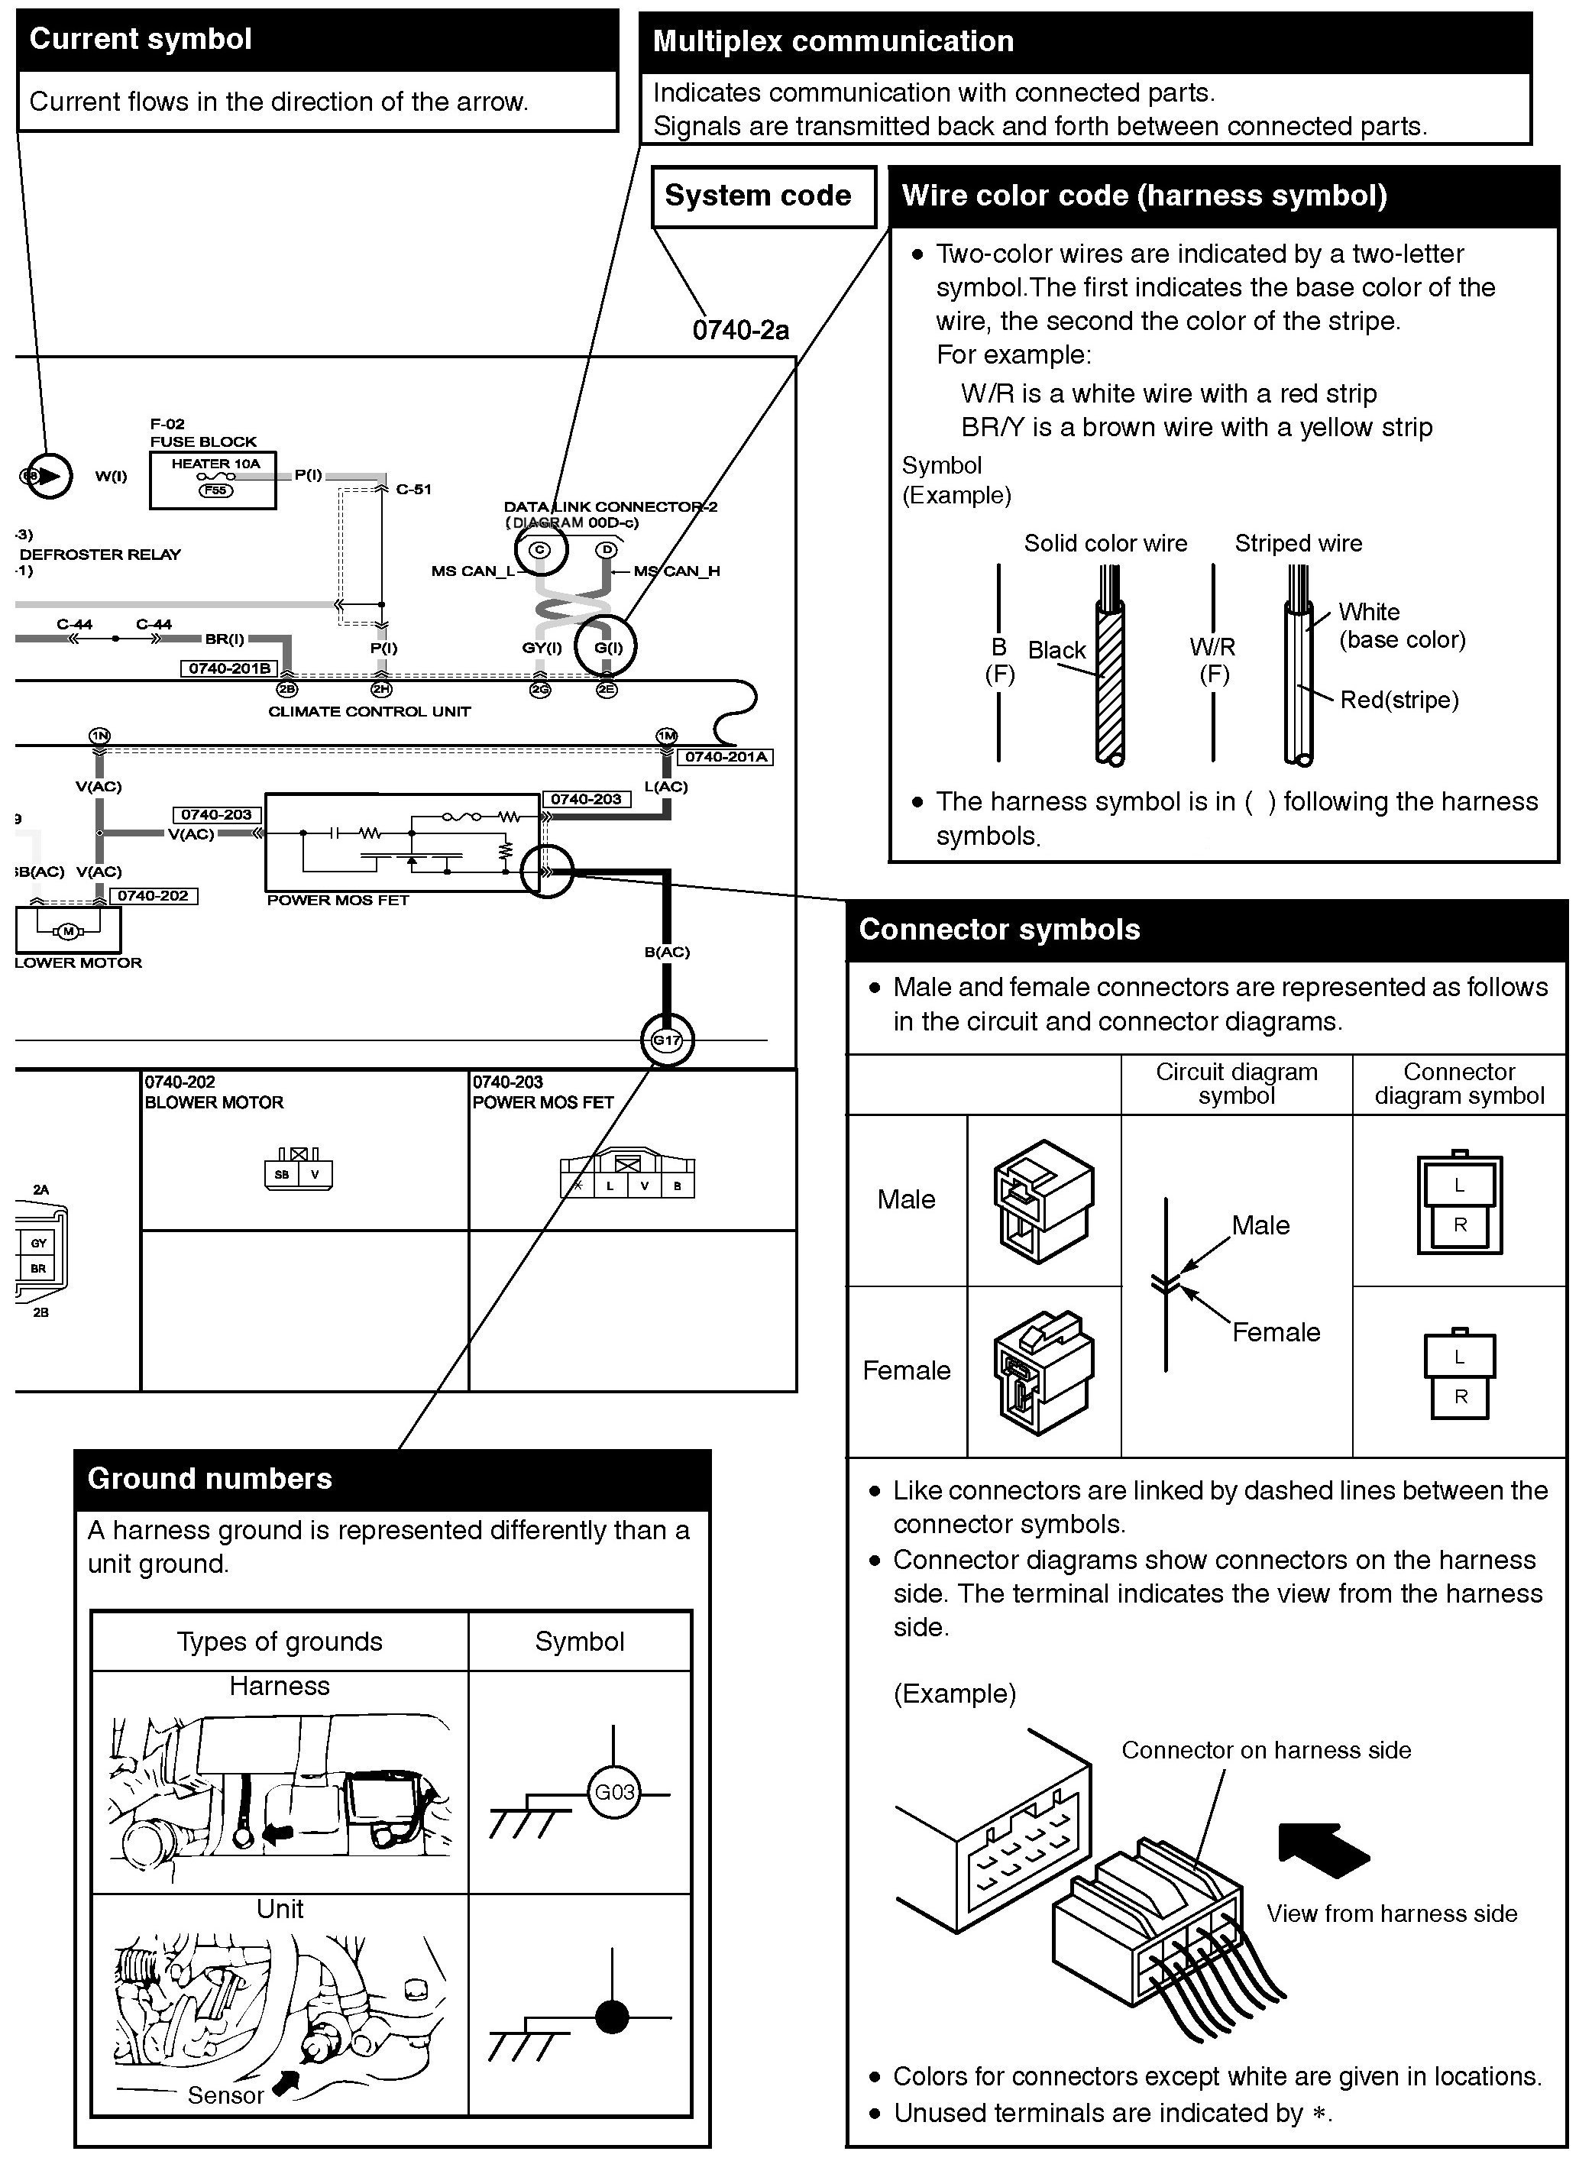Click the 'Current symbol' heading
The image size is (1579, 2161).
141,39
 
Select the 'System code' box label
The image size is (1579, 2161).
757,196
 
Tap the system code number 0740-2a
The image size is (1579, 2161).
741,331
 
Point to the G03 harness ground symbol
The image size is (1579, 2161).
613,1792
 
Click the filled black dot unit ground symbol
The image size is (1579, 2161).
612,2017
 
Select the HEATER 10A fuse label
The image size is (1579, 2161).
215,464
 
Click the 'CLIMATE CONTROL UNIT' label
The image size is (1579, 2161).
369,711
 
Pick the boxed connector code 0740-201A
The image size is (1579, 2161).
726,757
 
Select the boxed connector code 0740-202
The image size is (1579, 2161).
153,895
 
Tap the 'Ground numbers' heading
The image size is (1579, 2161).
209,1480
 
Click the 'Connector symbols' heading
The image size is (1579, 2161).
999,930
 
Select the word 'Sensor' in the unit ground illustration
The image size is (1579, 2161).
225,2095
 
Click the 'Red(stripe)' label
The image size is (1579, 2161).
1399,700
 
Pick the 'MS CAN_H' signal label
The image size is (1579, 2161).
677,571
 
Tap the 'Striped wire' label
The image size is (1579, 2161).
1298,544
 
